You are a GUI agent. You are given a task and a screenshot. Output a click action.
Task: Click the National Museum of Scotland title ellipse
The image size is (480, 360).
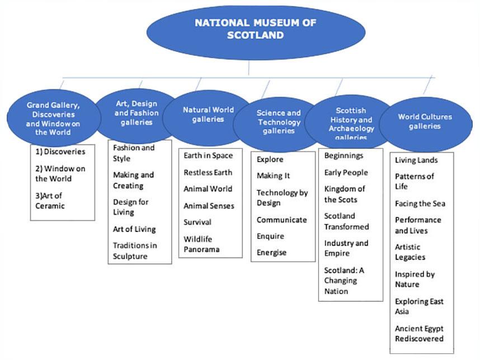(x=256, y=32)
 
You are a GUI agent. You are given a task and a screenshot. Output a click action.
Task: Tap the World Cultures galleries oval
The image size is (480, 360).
(x=426, y=124)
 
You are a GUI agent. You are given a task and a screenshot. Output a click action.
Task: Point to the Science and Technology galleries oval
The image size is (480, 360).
(x=279, y=124)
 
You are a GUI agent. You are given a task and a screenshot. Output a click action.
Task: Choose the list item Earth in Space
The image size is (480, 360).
(x=208, y=156)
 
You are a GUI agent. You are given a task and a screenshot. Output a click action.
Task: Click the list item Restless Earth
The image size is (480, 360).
(x=208, y=173)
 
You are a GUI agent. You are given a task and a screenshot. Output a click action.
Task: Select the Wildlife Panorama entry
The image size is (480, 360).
(x=201, y=244)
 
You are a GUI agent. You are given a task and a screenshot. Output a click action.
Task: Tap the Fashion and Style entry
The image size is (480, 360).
(x=134, y=153)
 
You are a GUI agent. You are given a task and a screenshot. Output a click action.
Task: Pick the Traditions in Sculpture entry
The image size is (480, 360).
(x=135, y=251)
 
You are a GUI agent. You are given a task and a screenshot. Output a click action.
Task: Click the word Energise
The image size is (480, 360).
(x=271, y=253)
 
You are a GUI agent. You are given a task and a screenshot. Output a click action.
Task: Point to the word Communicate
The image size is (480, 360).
(x=281, y=220)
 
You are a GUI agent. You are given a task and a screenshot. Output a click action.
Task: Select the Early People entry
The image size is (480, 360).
(x=346, y=173)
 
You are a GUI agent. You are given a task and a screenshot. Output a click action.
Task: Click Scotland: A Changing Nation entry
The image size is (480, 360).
(x=344, y=281)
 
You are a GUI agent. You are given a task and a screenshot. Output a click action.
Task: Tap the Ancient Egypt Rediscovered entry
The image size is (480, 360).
(x=419, y=333)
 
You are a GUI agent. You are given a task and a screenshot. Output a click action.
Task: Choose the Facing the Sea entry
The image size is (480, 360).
(x=420, y=203)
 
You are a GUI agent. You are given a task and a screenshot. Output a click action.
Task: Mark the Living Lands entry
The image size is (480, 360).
(x=416, y=160)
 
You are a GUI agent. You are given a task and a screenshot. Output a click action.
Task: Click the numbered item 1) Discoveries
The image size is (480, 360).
(x=60, y=151)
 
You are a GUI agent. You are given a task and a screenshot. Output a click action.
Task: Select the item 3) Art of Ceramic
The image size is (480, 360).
(x=50, y=201)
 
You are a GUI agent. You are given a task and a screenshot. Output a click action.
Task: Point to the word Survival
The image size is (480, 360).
(x=197, y=222)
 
